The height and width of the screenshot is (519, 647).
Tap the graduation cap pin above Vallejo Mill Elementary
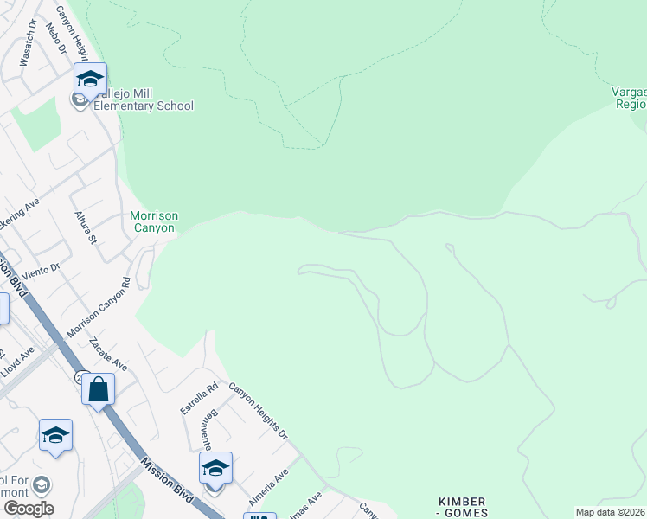[90, 79]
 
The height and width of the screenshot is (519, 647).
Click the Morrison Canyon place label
[153, 221]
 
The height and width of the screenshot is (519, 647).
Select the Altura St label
[84, 227]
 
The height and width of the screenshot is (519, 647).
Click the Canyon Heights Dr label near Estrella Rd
[258, 411]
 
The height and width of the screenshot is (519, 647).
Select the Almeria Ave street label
[269, 488]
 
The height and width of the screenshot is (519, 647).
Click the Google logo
[29, 508]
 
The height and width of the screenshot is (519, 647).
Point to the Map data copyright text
[611, 512]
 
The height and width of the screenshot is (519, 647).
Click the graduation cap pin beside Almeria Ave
[215, 469]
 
